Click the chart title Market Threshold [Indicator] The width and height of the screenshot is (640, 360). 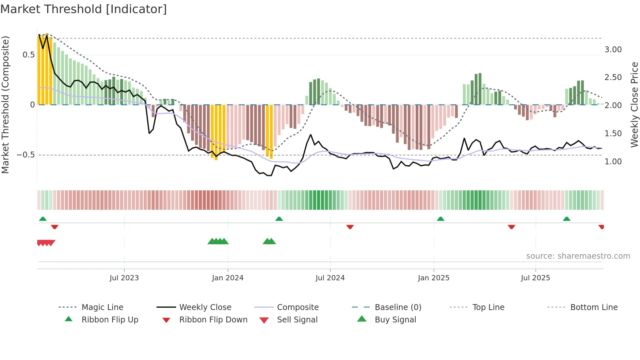84,9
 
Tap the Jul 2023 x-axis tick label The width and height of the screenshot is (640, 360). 124,278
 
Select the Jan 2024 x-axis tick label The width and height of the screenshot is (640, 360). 228,278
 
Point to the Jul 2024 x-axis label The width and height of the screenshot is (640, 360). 330,278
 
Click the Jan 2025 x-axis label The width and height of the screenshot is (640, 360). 433,278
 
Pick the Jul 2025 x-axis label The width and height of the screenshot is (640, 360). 535,278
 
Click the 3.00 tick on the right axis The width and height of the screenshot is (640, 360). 613,50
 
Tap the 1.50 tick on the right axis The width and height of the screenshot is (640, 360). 613,134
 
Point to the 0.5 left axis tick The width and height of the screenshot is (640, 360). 28,55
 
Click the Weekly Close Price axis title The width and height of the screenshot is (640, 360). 634,105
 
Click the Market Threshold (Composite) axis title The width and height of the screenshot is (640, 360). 5,105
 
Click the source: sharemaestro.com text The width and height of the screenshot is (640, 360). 578,256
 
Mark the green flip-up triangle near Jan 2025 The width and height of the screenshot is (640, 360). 440,219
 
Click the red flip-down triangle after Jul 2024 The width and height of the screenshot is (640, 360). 350,227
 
